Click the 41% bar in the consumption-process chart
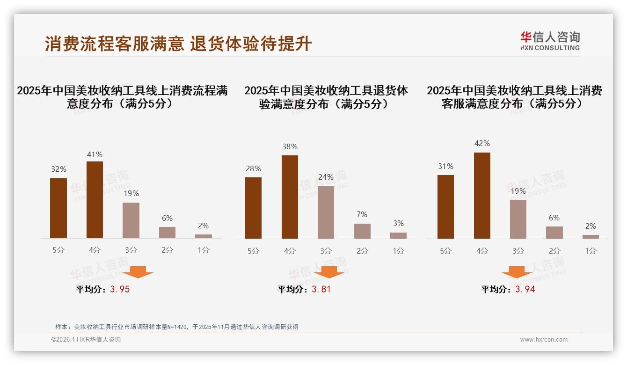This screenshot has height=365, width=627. pyautogui.click(x=95, y=200)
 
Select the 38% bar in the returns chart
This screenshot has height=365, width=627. pyautogui.click(x=290, y=197)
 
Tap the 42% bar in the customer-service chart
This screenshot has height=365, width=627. pyautogui.click(x=482, y=196)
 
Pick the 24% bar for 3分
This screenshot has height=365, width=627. pyautogui.click(x=326, y=212)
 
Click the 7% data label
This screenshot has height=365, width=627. pyautogui.click(x=362, y=214)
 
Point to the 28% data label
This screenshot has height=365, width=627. pyautogui.click(x=253, y=168)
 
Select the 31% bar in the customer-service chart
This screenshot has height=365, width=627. pyautogui.click(x=445, y=207)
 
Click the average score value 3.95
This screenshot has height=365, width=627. pyautogui.click(x=120, y=289)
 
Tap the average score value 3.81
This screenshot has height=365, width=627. pyautogui.click(x=321, y=289)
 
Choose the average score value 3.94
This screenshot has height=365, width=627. pyautogui.click(x=525, y=289)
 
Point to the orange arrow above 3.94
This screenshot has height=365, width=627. pyautogui.click(x=517, y=272)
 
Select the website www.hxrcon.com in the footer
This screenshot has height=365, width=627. pyautogui.click(x=544, y=340)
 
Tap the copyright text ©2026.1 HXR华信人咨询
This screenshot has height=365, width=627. pyautogui.click(x=86, y=340)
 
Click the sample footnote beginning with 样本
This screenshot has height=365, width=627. pyautogui.click(x=177, y=327)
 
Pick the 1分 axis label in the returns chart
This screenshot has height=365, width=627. pyautogui.click(x=398, y=251)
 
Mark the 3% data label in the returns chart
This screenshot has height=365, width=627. pyautogui.click(x=398, y=223)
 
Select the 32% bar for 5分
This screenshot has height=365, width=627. pyautogui.click(x=58, y=208)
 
